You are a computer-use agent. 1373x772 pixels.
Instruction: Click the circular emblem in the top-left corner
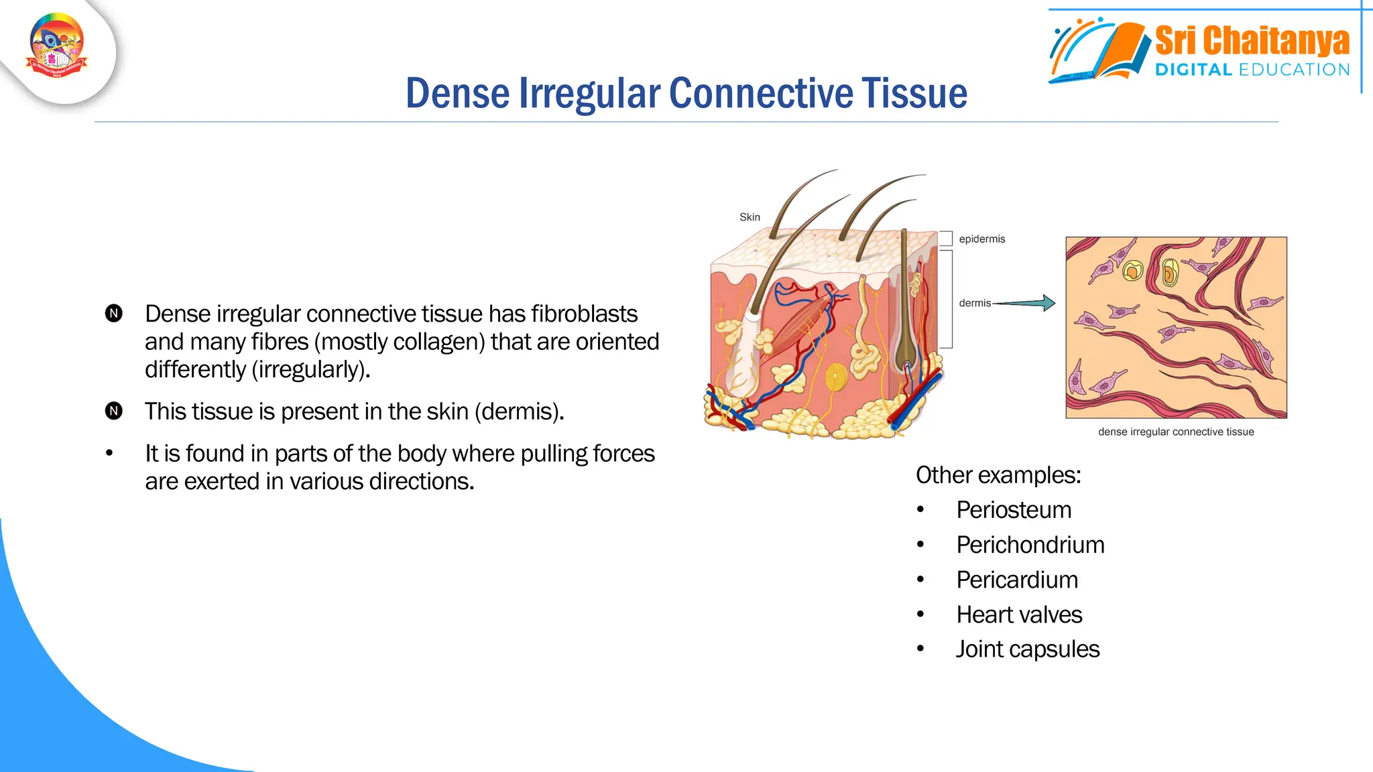(57, 46)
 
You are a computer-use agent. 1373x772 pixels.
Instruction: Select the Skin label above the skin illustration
(750, 217)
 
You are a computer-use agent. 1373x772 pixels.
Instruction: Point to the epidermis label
(981, 239)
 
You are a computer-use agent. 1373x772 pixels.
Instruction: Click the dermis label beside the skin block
(974, 303)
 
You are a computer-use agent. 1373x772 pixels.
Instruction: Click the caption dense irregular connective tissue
(1176, 432)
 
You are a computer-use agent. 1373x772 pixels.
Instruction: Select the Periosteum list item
(1014, 510)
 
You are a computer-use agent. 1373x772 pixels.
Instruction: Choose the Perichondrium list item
(1030, 545)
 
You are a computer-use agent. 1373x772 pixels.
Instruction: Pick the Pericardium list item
(1017, 580)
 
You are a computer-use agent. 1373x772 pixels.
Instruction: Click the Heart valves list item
(1019, 615)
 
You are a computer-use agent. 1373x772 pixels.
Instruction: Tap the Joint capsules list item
(1027, 649)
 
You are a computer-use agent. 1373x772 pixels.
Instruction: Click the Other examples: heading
(998, 475)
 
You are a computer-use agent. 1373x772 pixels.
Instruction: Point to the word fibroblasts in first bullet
(584, 314)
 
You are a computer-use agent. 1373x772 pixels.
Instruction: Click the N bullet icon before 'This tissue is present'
(114, 411)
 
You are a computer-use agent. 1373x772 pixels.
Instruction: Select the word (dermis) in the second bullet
(519, 411)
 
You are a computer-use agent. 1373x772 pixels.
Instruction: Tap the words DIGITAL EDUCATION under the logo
(1252, 70)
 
